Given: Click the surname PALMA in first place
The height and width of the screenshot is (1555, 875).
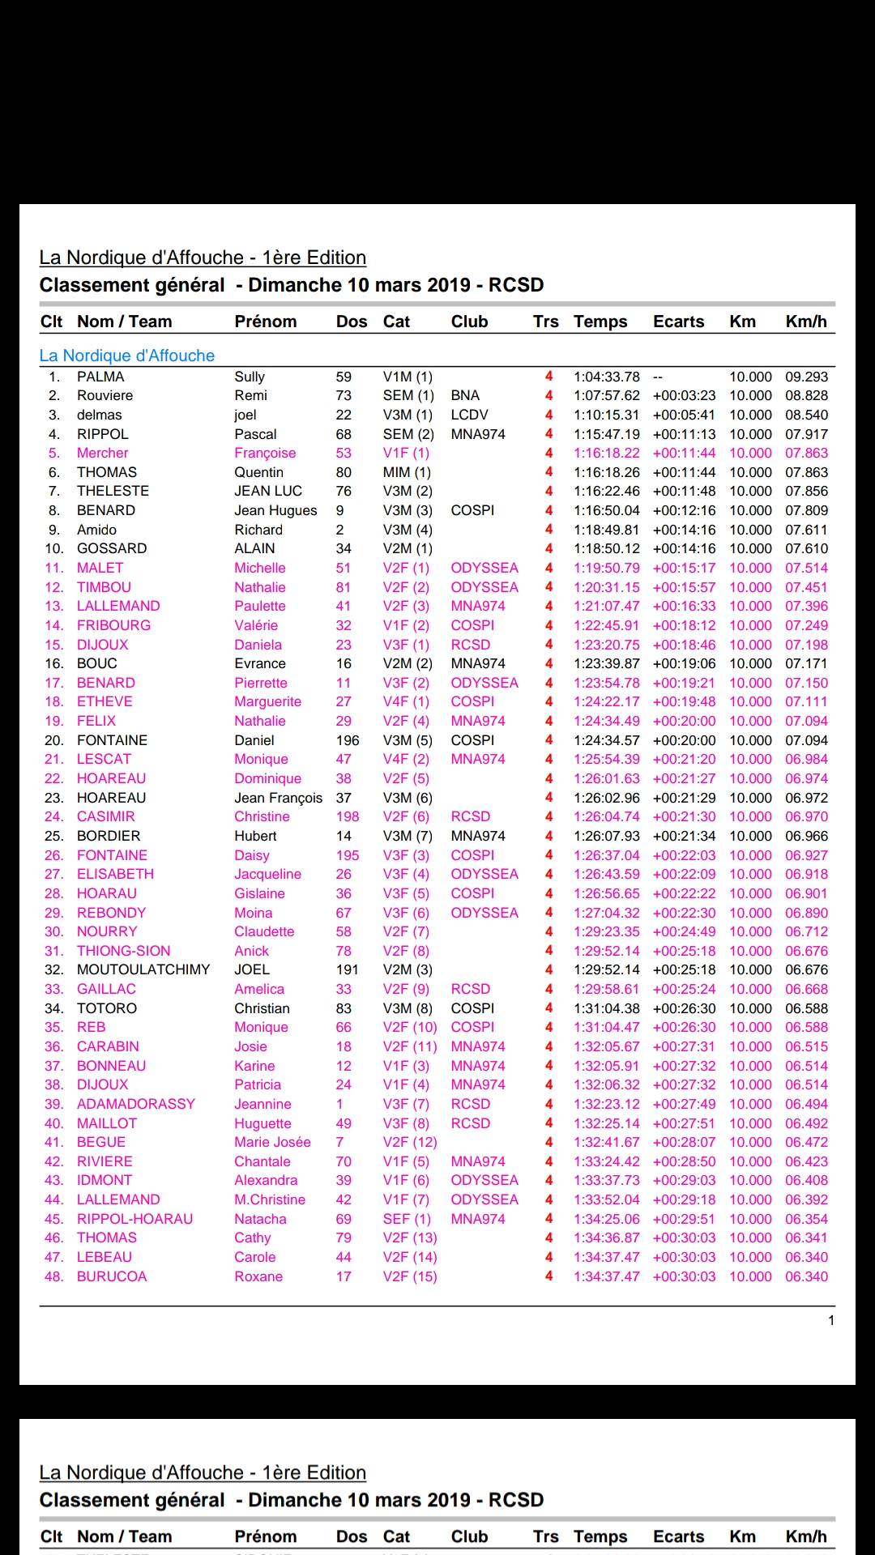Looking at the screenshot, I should (x=100, y=377).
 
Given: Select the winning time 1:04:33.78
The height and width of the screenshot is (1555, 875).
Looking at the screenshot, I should (x=606, y=377).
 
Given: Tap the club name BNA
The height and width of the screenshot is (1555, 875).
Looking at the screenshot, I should (x=465, y=395).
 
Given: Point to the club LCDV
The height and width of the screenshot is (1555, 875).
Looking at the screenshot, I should (x=469, y=415).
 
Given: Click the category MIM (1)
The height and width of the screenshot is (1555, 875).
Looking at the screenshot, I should (x=407, y=472).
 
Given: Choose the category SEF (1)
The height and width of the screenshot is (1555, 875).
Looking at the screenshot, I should (x=407, y=1219).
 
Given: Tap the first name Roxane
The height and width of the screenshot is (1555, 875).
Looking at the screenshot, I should (x=258, y=1276).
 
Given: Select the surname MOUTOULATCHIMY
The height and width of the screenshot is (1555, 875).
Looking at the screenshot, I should (x=143, y=969).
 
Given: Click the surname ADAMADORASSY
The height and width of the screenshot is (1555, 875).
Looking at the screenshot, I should (x=136, y=1104).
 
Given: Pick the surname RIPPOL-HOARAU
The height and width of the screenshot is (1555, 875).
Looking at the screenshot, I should (x=134, y=1219).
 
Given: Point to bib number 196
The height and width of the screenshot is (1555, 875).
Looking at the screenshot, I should (x=348, y=740).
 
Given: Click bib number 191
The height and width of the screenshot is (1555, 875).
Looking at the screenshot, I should (x=347, y=969).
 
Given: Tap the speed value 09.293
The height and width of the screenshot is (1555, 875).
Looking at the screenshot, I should (x=806, y=377).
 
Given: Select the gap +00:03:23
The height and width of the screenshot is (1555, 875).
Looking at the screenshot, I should (x=684, y=395).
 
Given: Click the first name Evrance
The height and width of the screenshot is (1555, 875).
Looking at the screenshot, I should (x=260, y=663).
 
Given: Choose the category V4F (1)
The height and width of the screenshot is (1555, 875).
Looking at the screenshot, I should (x=406, y=701).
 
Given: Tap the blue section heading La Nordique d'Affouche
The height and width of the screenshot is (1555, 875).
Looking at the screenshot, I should (x=127, y=356).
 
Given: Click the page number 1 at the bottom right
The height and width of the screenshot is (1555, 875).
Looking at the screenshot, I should (x=831, y=1320).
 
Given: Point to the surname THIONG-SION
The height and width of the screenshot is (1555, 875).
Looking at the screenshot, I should (x=123, y=951).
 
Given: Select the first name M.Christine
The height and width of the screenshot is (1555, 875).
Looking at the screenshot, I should (x=270, y=1199).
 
